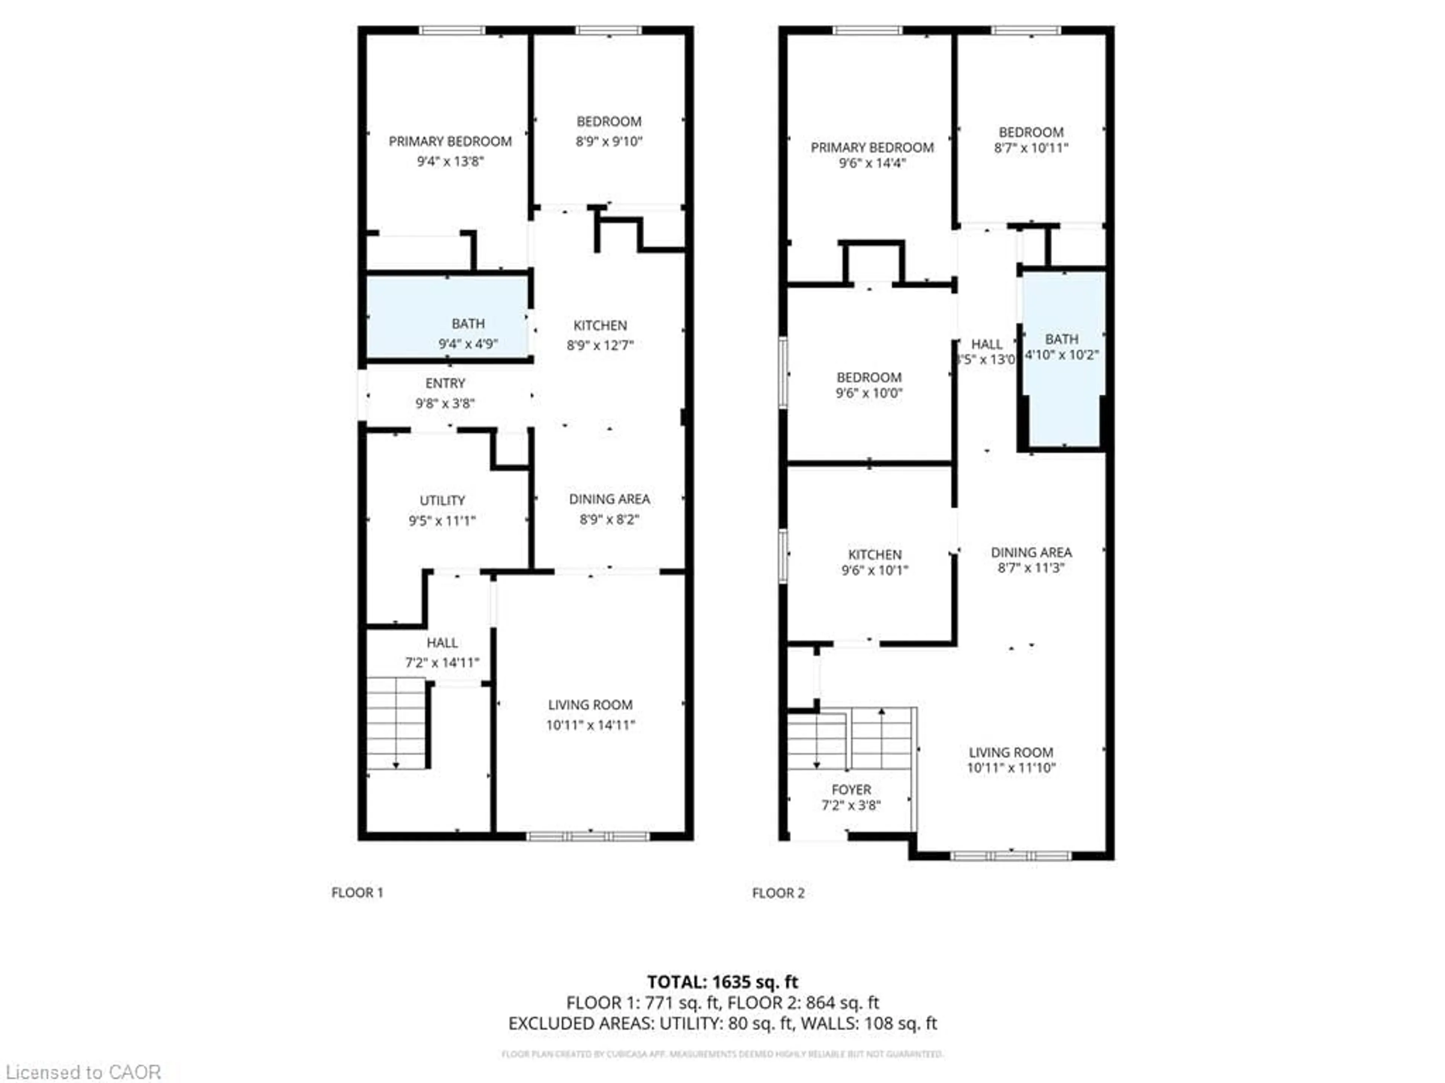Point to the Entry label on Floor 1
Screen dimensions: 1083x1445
pos(445,383)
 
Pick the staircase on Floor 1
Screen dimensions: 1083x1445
pos(396,723)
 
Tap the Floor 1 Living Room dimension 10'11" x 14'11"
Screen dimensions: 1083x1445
pos(590,725)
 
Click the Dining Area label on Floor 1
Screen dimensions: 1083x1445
pos(609,499)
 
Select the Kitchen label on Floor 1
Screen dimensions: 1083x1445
pos(600,326)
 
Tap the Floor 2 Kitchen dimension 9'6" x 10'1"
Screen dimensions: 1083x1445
pos(874,570)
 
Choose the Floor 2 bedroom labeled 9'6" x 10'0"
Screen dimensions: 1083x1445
pos(869,385)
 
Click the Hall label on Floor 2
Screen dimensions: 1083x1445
pos(986,344)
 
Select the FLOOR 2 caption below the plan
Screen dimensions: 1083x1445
pos(778,893)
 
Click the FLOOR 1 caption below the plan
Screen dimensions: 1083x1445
pos(357,892)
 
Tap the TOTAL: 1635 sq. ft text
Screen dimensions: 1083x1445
pos(722,982)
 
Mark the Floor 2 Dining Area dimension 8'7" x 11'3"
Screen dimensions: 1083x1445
pos(1031,568)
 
